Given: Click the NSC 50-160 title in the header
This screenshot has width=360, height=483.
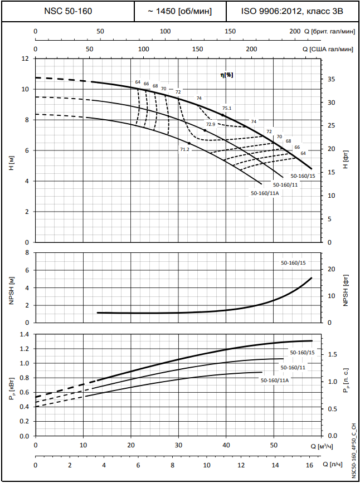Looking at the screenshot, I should point(68,11).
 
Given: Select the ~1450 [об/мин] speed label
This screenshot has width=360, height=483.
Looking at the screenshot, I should point(180,11).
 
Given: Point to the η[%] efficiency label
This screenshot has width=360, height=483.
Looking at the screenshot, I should point(226,75).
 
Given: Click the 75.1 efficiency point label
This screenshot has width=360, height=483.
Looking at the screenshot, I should point(226,109).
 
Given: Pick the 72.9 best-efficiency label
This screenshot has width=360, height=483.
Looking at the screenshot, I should point(211,124).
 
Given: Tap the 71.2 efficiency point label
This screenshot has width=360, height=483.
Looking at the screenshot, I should point(185,149).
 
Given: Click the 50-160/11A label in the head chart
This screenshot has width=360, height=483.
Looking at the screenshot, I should point(264,193).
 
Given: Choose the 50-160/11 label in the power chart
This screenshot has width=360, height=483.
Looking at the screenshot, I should point(292,368).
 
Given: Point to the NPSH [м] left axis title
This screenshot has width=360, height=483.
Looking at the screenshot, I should point(11,287).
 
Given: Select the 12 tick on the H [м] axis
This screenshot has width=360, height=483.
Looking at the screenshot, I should point(24,58).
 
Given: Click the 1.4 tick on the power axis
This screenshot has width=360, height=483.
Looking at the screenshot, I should point(23,335).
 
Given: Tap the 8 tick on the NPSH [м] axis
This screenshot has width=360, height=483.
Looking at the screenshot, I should point(25,252).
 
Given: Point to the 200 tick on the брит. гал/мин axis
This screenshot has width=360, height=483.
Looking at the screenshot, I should point(295,31).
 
